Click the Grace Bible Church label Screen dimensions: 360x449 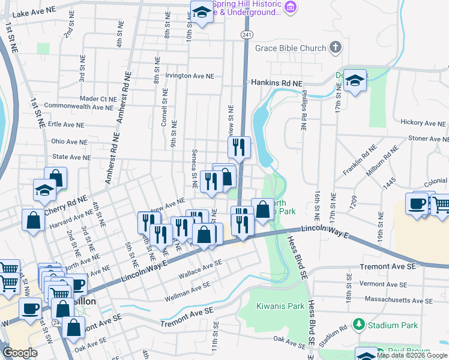pyautogui.click(x=291, y=48)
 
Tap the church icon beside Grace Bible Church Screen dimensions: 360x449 pyautogui.click(x=336, y=48)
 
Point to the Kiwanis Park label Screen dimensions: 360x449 pyautogui.click(x=280, y=306)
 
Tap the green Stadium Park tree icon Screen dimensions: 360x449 pyautogui.click(x=359, y=325)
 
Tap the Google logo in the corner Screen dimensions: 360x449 pyautogui.click(x=20, y=353)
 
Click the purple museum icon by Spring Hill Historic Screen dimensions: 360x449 pyautogui.click(x=291, y=7)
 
